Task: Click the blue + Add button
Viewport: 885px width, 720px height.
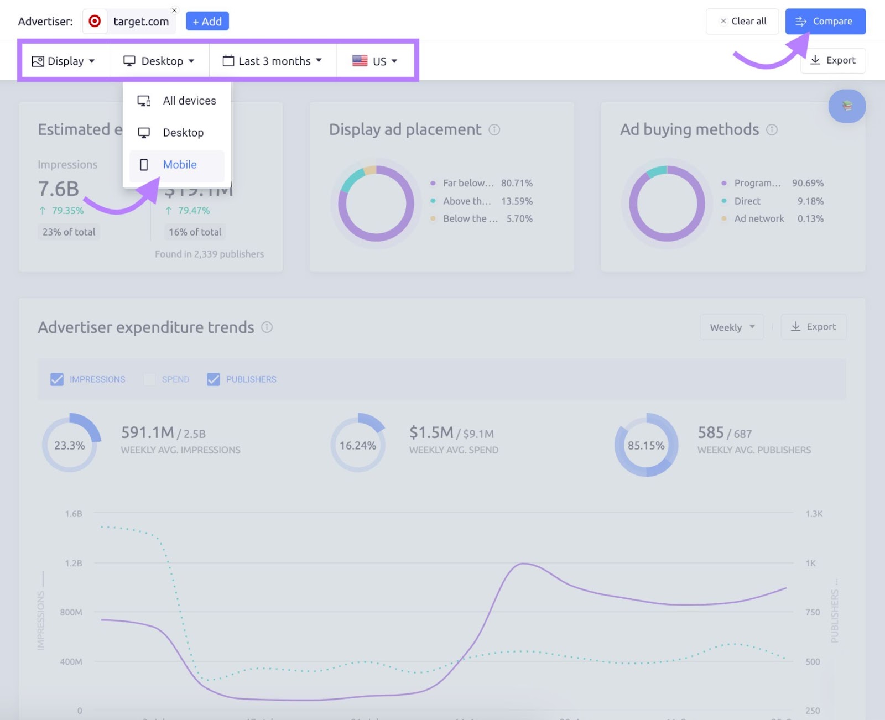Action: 207,22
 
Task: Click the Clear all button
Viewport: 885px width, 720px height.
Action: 742,22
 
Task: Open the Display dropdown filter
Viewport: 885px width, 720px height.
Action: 64,61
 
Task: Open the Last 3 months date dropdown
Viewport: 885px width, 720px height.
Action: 273,61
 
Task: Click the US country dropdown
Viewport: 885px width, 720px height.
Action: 375,61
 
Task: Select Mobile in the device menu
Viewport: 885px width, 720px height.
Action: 179,165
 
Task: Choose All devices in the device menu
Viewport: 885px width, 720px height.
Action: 189,101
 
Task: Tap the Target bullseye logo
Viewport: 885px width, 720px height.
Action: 95,22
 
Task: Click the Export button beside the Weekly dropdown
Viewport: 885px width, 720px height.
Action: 813,327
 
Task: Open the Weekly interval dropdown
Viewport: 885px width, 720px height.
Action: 732,327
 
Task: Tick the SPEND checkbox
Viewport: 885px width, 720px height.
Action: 149,379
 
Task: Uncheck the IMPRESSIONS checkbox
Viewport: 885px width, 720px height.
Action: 57,379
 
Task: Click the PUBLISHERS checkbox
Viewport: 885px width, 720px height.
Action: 214,379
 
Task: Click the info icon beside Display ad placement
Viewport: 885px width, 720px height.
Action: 494,129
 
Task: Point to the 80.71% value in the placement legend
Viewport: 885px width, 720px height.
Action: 517,183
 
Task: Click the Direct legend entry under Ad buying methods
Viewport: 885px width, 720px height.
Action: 747,201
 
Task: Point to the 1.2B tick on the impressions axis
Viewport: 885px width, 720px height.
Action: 74,564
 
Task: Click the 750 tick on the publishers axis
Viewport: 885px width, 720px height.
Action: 813,612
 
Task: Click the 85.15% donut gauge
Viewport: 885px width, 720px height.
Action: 646,445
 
